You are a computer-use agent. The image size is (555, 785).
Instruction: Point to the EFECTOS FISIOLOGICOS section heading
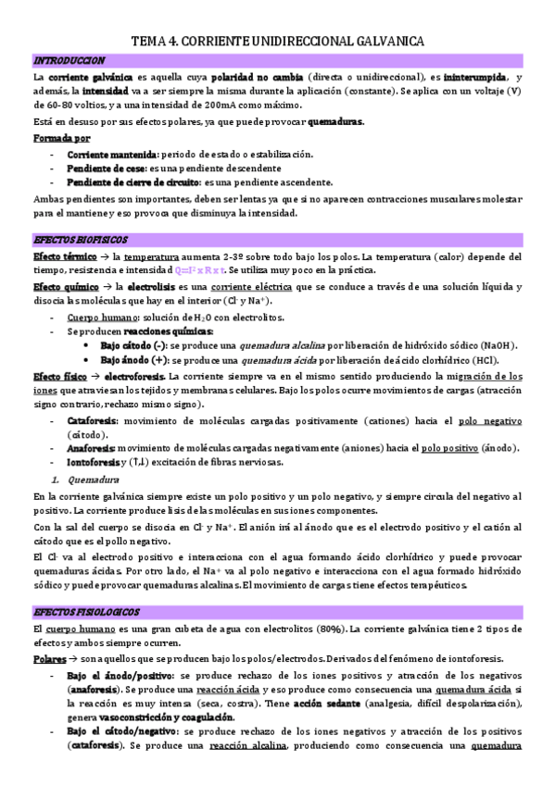(85, 613)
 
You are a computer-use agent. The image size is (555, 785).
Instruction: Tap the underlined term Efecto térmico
(63, 256)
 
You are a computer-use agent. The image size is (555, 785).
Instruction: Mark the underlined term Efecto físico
(59, 377)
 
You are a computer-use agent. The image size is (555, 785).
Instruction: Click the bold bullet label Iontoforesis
(93, 463)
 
